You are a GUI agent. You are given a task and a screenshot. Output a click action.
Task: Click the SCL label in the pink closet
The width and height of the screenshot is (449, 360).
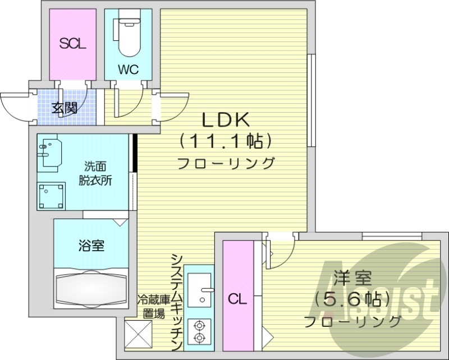pos(73,44)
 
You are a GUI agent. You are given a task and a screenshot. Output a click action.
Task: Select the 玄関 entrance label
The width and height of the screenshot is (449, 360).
pos(66,108)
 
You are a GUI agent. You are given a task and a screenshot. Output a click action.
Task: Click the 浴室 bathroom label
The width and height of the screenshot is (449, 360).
pos(90,245)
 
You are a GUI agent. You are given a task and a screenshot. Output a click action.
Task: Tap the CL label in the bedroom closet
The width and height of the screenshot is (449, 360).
pos(237,299)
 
